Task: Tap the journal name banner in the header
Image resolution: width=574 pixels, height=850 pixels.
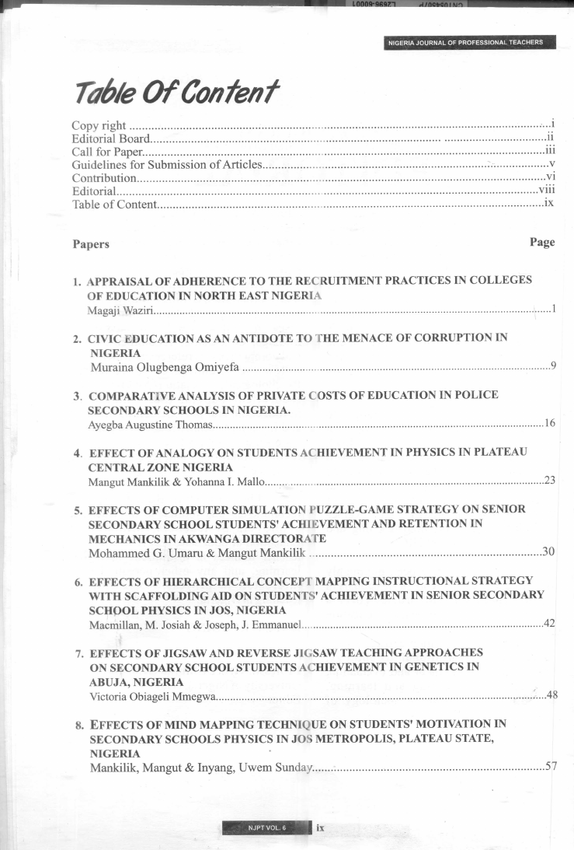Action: (x=470, y=42)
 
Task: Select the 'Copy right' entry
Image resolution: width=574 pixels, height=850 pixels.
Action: (x=99, y=125)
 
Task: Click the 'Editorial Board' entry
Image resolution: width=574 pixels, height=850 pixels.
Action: (x=110, y=138)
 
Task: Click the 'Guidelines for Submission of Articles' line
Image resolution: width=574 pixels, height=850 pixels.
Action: (x=167, y=165)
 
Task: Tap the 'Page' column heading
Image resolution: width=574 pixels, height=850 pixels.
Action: (x=542, y=242)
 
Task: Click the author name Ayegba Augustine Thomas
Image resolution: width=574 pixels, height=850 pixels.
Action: (x=149, y=424)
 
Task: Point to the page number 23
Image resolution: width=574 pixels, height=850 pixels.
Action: (x=550, y=481)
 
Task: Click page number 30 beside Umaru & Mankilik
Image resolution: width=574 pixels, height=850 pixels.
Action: (x=548, y=552)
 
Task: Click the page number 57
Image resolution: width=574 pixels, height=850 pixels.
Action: (x=551, y=767)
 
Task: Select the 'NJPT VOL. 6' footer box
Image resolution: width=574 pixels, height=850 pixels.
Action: (x=266, y=827)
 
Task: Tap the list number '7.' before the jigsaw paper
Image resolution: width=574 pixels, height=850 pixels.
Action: (x=79, y=653)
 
